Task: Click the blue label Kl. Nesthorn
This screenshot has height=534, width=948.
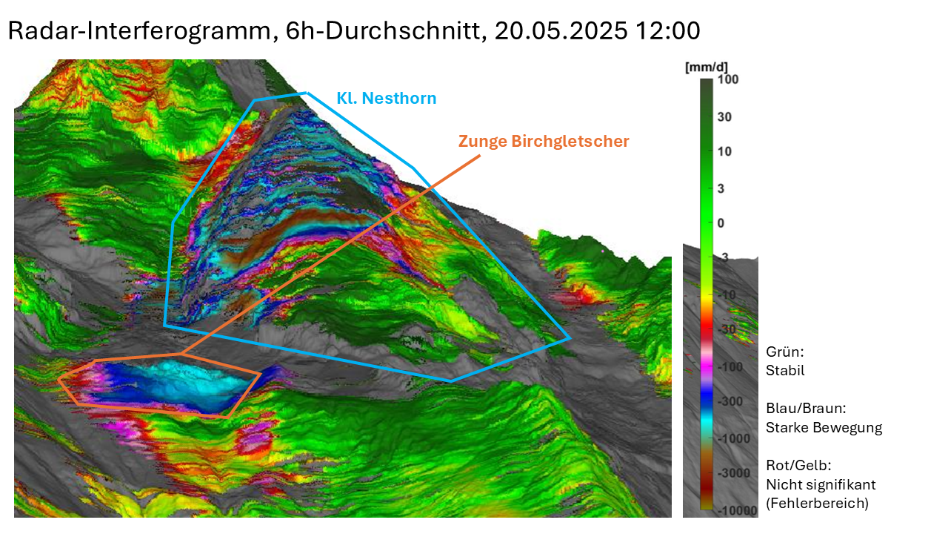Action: pos(386,98)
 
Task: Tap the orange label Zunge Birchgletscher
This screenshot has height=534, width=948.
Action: pos(544,141)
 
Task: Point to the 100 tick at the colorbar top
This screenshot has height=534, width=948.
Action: pos(729,79)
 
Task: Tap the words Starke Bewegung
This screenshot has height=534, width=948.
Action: pos(824,428)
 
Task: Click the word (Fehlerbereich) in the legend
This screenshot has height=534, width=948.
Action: pos(817,504)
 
